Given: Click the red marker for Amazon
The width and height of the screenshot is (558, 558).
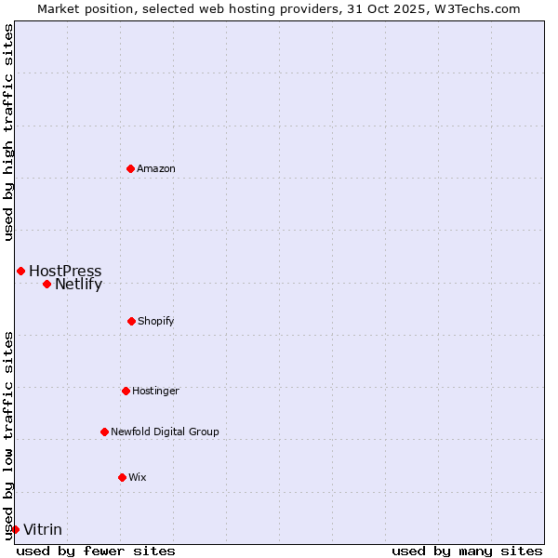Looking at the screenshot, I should click(130, 168).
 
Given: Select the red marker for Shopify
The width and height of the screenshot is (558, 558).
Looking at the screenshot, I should click(131, 321).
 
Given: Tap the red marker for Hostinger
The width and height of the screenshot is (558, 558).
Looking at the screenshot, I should click(126, 391).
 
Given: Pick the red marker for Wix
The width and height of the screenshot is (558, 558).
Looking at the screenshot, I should click(122, 477).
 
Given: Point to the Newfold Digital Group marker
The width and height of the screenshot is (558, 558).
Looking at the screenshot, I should click(104, 432).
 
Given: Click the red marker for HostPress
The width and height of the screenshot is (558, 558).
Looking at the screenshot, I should click(20, 271).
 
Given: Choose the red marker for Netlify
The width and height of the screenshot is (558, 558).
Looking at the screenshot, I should click(46, 284).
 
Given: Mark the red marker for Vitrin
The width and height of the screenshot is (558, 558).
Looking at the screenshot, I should click(15, 529).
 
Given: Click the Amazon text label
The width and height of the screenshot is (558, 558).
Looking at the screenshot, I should click(156, 168).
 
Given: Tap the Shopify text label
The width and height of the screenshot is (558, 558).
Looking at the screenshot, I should click(156, 321).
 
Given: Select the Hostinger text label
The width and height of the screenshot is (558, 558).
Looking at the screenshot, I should click(155, 391).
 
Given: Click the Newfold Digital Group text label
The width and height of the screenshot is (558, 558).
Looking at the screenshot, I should click(165, 432).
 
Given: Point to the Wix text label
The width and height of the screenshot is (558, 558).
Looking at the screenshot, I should click(138, 477).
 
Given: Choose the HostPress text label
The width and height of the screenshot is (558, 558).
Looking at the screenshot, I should click(65, 272).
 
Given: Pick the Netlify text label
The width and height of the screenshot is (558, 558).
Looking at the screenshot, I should click(78, 285).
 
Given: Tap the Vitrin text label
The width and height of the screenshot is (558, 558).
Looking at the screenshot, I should click(43, 530).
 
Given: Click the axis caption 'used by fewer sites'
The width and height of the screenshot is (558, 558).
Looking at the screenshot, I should click(96, 551).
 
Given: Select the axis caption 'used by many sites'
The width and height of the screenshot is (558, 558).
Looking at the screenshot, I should click(467, 551).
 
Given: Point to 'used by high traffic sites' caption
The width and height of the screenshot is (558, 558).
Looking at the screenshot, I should click(8, 132).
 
